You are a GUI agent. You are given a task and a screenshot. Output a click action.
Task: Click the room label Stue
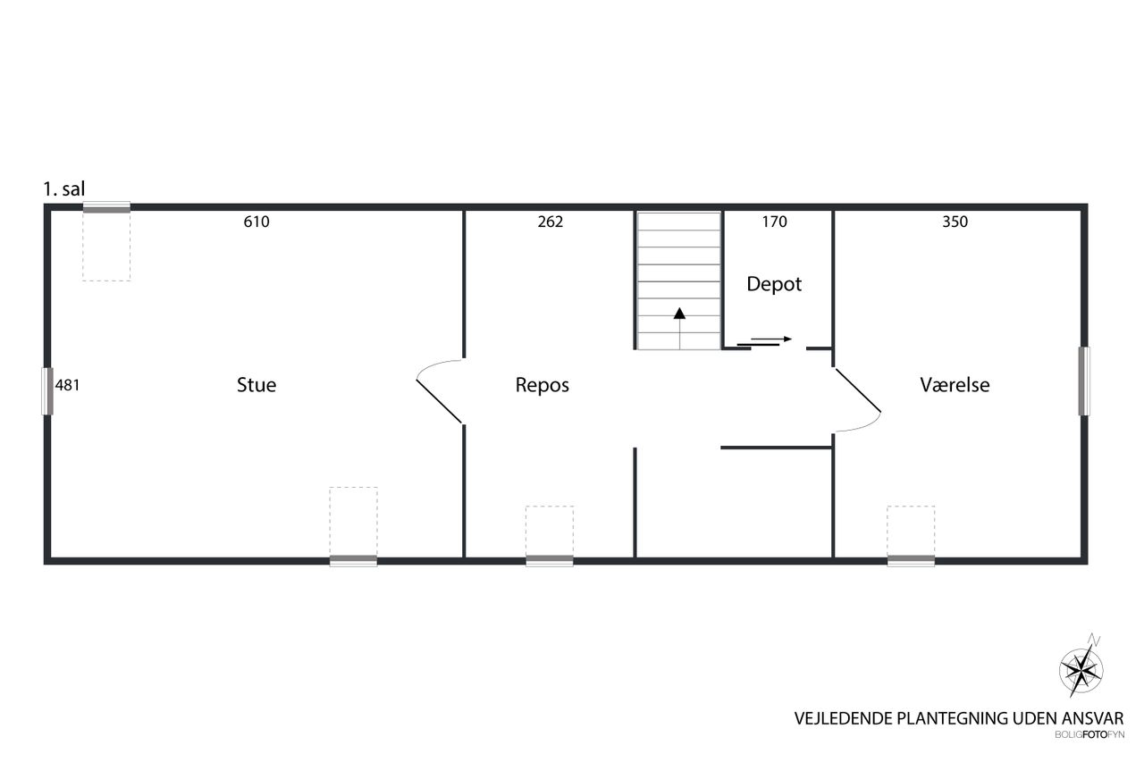coord(257,385)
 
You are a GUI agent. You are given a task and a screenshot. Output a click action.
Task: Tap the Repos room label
coord(542,385)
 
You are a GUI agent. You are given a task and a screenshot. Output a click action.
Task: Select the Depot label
coord(774,284)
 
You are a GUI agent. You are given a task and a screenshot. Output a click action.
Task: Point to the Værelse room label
coord(955,385)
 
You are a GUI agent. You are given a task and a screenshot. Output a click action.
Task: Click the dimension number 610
coord(257,222)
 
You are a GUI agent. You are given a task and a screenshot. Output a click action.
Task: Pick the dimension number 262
coord(550,222)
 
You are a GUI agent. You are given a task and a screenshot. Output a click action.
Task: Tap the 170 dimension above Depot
coord(774,222)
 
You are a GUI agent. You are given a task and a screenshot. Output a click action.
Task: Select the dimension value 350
coord(955,222)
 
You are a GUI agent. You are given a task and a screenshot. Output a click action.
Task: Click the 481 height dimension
coord(67,385)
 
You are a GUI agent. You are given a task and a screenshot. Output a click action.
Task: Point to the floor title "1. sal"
coord(63,189)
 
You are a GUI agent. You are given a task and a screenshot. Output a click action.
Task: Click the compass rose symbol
coord(1081,671)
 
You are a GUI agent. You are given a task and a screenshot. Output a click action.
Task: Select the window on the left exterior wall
coord(47,391)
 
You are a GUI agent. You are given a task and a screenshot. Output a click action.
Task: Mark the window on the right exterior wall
coord(1084,381)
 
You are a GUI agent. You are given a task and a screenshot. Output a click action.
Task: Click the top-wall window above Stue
coord(106,207)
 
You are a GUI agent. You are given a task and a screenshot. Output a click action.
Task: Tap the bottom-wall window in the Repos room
coord(550,560)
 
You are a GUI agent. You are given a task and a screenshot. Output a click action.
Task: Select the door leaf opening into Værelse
coord(858,390)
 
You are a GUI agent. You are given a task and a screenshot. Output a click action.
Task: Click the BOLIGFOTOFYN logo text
coord(1089,735)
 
